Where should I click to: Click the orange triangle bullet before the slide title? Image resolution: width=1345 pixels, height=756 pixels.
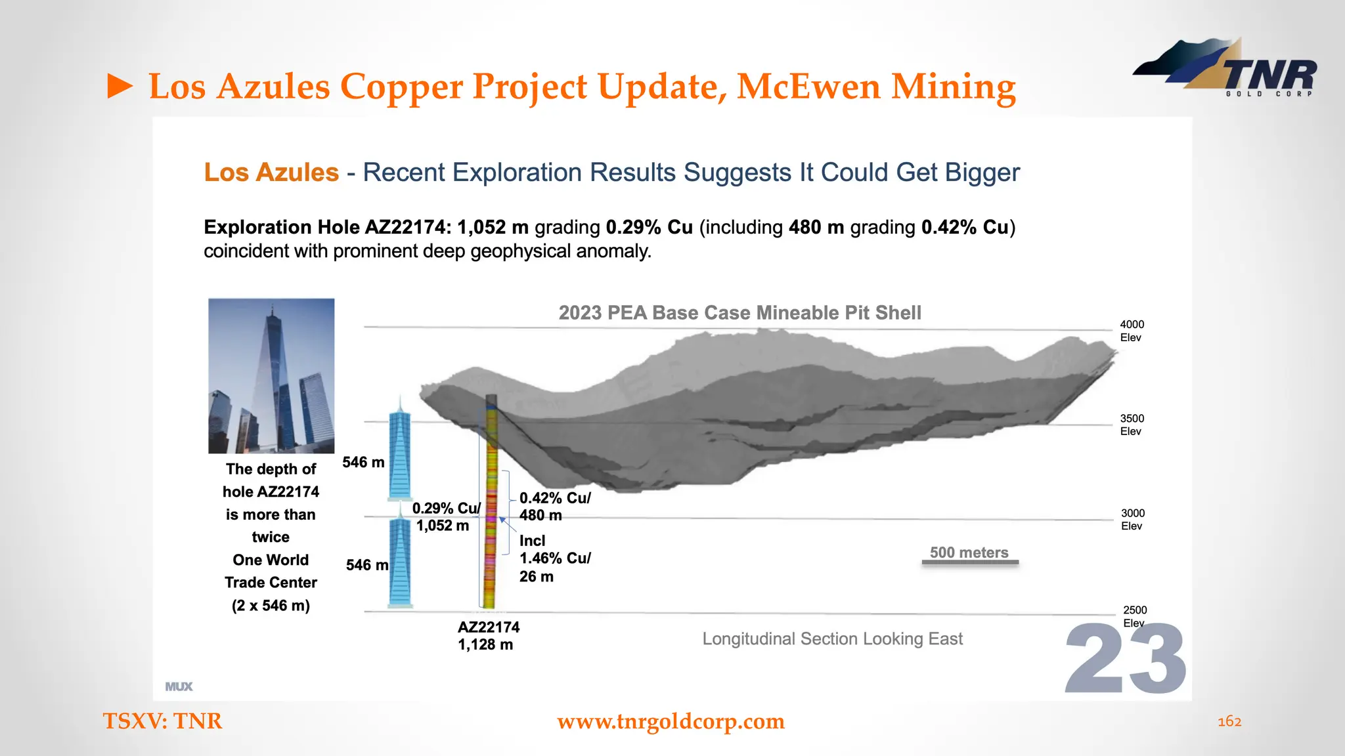pos(120,87)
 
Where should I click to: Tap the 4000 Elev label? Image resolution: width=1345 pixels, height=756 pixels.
pos(1131,331)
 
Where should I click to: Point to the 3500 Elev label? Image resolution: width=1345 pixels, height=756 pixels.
pos(1131,425)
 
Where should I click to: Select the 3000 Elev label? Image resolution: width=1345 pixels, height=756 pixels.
pos(1132,519)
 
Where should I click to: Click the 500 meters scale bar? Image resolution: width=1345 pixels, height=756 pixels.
pos(969,562)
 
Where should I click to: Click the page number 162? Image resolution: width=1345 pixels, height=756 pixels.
pos(1229,721)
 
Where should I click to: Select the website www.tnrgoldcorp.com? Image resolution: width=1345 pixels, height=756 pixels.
pos(671,721)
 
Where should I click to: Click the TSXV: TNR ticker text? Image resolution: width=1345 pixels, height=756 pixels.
pos(162,721)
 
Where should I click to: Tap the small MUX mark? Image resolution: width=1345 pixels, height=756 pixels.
pos(179,686)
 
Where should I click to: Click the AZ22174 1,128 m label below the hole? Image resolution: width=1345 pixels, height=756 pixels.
pos(488,635)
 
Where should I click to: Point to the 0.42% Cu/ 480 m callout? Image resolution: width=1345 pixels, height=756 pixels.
pos(554,507)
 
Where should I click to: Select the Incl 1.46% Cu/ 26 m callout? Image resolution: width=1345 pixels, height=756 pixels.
pos(554,558)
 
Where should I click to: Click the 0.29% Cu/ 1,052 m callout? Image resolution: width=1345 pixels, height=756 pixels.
pos(445,516)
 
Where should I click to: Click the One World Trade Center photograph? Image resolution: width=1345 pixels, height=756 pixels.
pos(271,375)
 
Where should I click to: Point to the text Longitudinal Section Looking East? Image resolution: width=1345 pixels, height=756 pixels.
pos(832,639)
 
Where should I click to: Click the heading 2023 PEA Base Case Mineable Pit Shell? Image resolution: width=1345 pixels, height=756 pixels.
pos(739,312)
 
